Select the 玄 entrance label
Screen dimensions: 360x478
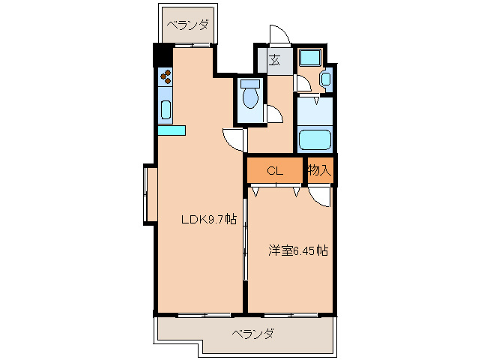(274, 61)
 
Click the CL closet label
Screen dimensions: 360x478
(275, 171)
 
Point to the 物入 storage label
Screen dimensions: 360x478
(319, 171)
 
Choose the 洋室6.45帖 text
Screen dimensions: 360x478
(298, 250)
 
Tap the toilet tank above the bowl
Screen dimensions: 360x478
(250, 84)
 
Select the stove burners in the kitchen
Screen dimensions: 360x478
(166, 76)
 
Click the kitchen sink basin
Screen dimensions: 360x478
(166, 109)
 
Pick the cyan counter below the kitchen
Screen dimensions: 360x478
(171, 130)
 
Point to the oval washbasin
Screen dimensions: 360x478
(325, 79)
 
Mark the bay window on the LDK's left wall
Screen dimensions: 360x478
(150, 194)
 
